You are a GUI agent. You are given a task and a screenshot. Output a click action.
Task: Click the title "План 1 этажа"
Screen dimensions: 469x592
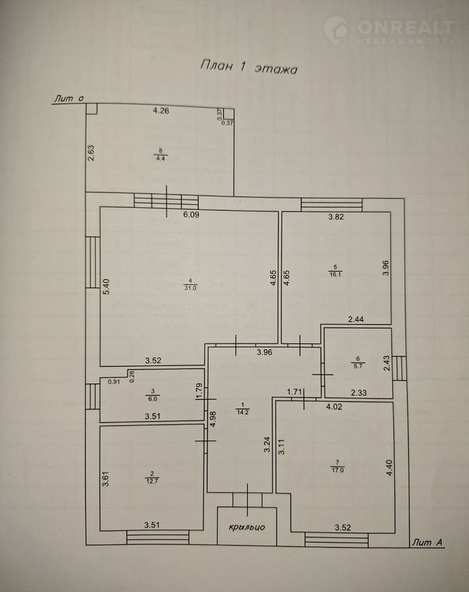click(x=248, y=67)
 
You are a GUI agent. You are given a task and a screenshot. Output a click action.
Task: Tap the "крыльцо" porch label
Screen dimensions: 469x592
click(x=247, y=527)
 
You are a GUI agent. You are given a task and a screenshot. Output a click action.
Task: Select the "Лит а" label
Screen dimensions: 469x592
click(x=68, y=98)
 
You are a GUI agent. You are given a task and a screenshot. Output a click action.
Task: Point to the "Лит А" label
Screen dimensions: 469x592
click(x=427, y=543)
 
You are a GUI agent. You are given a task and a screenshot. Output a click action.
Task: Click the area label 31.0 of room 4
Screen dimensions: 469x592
click(x=190, y=288)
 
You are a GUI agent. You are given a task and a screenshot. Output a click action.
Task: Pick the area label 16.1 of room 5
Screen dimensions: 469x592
click(x=335, y=275)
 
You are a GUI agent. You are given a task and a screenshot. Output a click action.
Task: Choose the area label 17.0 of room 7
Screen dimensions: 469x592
click(x=338, y=470)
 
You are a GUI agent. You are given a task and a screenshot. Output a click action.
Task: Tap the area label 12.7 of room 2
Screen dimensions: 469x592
click(x=152, y=481)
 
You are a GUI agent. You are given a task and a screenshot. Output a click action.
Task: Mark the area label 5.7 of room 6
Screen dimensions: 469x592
click(x=358, y=366)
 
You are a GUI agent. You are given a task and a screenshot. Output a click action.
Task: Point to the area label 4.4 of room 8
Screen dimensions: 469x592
click(x=161, y=158)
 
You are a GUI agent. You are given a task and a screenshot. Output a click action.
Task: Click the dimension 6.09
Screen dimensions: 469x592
click(x=192, y=215)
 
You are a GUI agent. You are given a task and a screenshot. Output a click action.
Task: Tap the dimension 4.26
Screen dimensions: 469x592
click(x=161, y=111)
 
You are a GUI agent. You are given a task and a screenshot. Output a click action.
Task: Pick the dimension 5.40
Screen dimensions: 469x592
click(x=106, y=286)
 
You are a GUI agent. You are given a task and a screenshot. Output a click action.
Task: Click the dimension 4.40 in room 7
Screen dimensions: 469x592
click(x=390, y=467)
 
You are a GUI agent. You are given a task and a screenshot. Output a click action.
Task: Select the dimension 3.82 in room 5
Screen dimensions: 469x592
click(x=336, y=217)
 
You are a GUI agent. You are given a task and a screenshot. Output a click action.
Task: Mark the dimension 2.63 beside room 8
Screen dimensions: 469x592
click(x=91, y=154)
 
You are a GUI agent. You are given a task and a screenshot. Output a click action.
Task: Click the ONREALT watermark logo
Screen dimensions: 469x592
click(x=390, y=31)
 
